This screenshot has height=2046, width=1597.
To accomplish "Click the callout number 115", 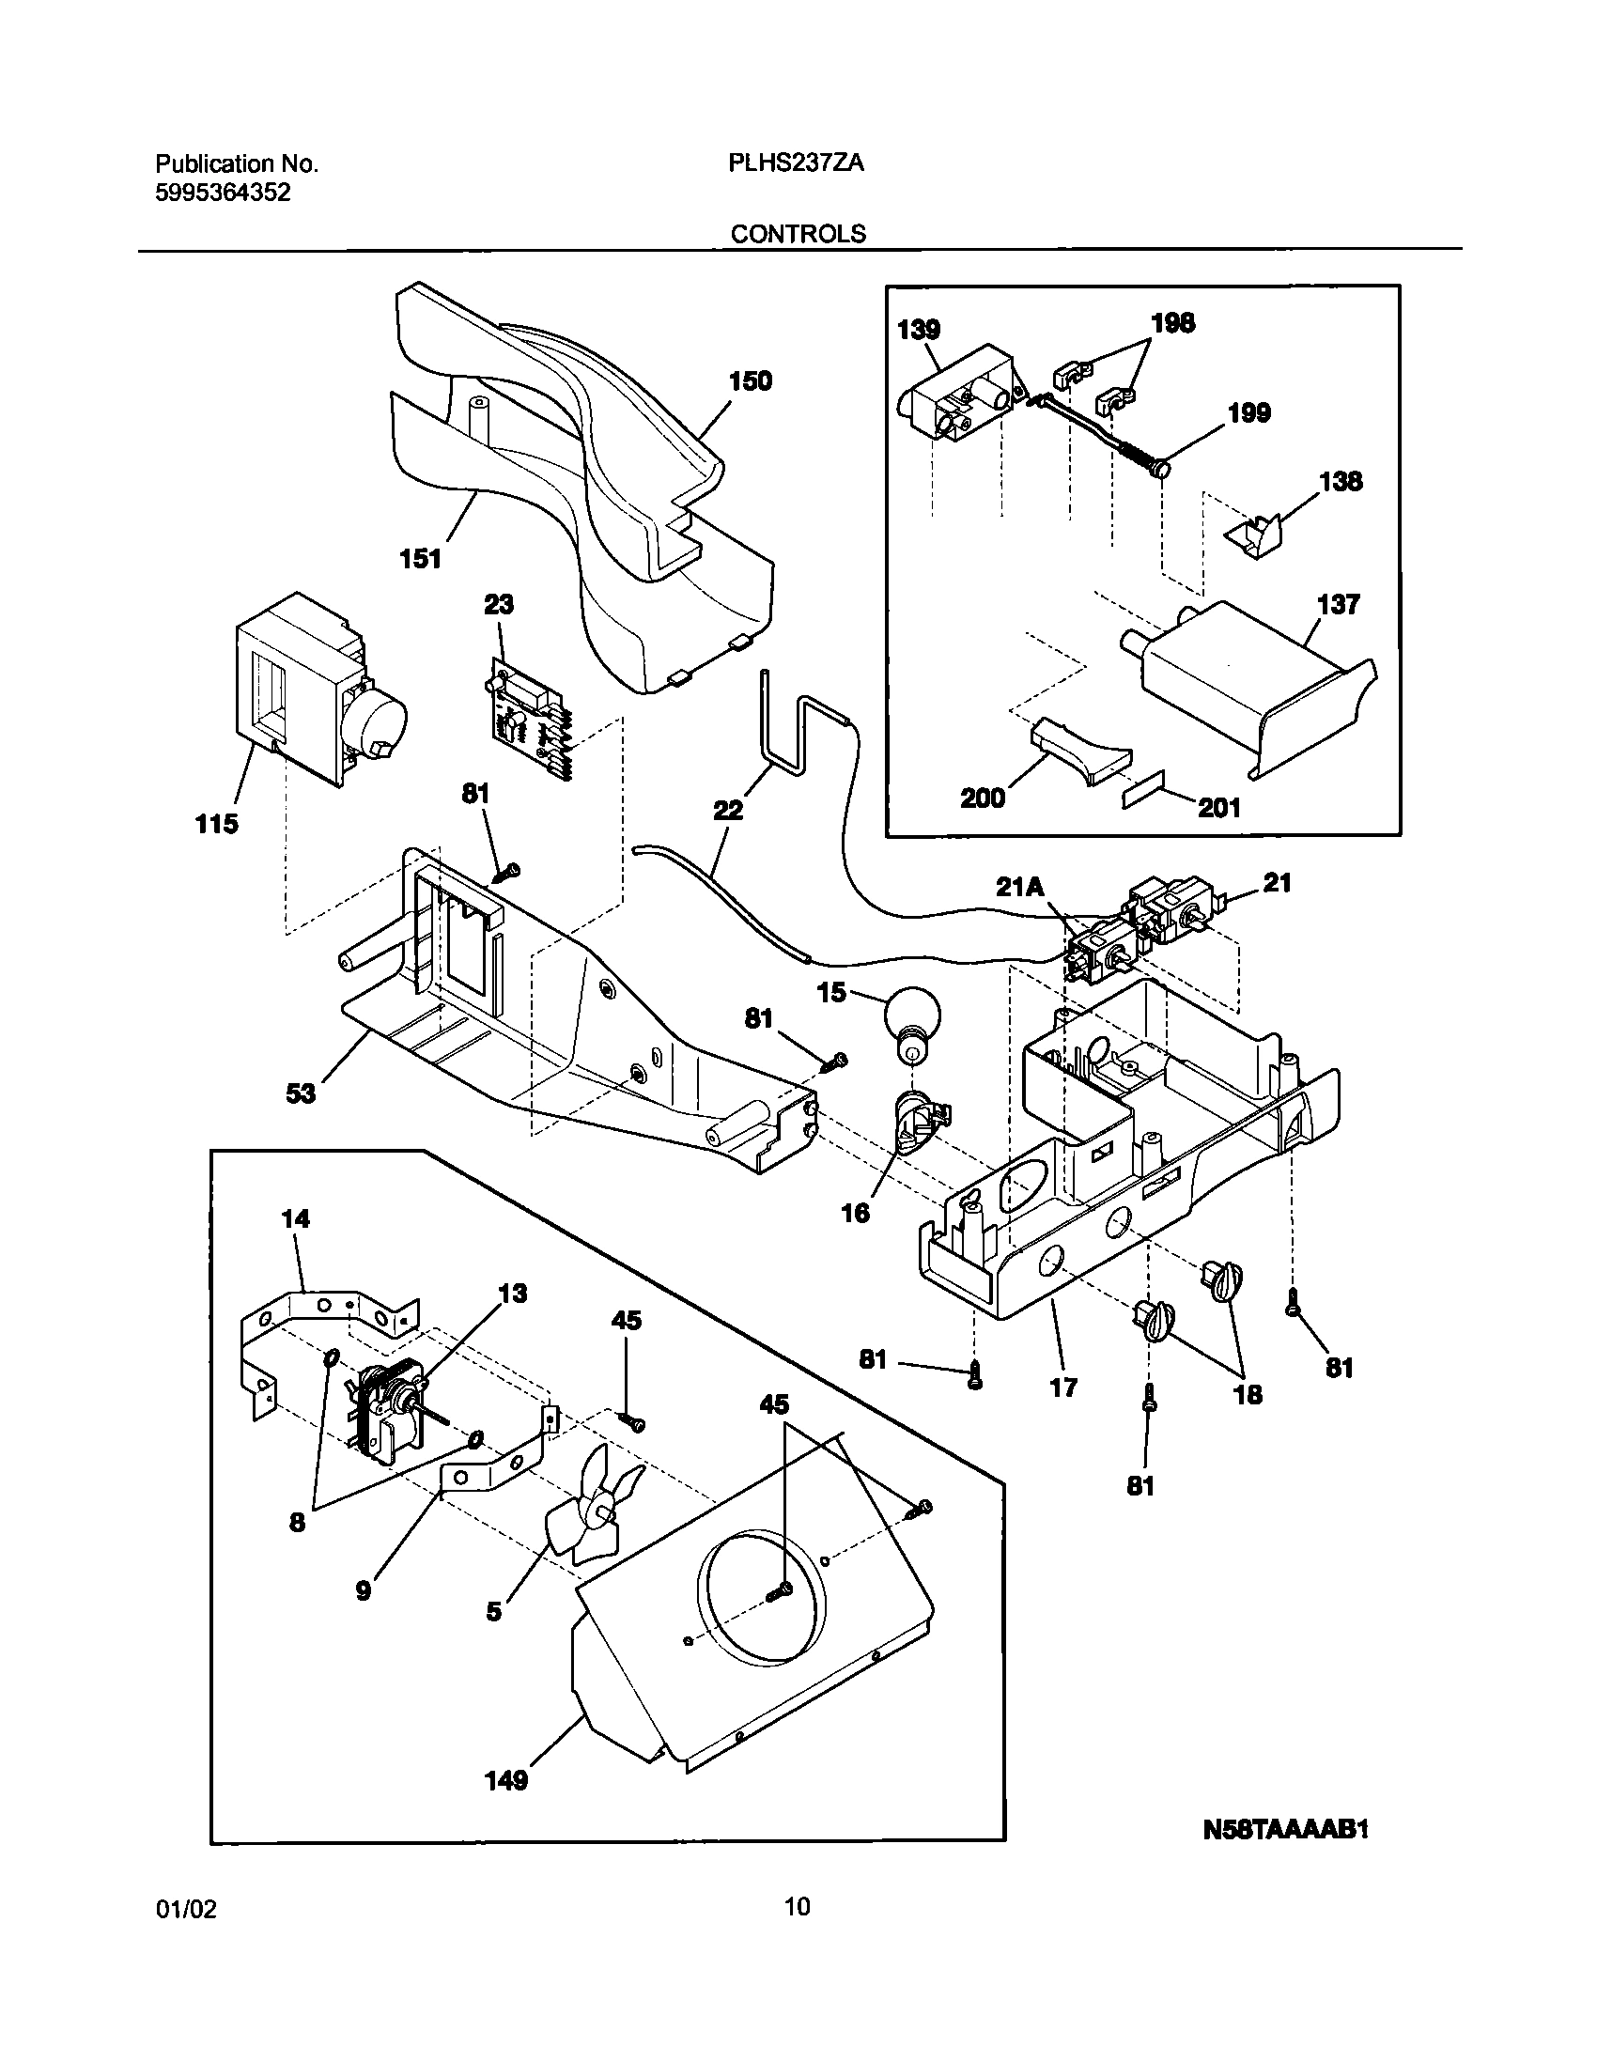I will [217, 824].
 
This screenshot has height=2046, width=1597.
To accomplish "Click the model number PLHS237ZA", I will [796, 163].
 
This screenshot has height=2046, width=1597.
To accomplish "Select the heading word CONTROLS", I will [798, 234].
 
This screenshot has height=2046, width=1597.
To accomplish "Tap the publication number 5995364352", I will [223, 193].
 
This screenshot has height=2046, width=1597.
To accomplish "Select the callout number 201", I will [1218, 807].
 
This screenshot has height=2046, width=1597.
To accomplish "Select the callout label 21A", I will [1020, 885].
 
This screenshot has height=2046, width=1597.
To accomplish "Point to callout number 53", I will [301, 1093].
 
